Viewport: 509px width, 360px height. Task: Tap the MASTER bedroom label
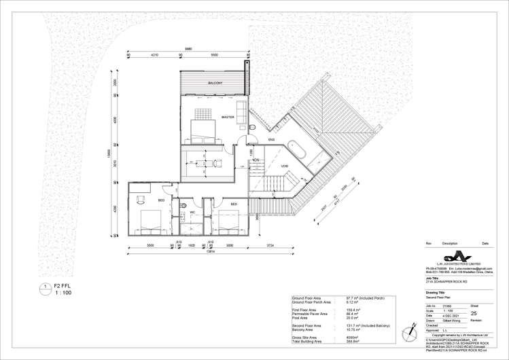tap(228, 117)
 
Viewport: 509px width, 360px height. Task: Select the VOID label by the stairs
tap(284, 166)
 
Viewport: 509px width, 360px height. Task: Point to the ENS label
tap(270, 140)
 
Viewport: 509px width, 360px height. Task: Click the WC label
tap(193, 212)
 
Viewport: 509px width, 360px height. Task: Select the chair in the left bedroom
tap(141, 199)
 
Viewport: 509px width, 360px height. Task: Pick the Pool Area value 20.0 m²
tap(355, 317)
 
